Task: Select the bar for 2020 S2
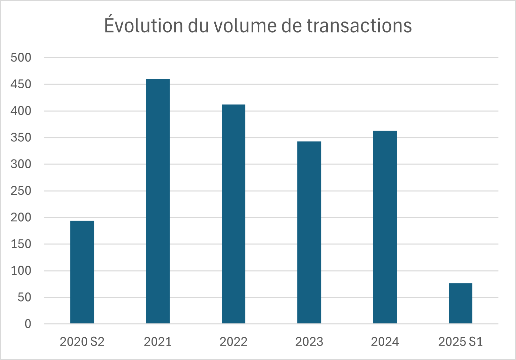82,272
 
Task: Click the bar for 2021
158,201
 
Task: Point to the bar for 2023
309,232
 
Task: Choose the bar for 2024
385,227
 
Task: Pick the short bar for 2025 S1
460,303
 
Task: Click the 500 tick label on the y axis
21,57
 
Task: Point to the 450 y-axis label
21,84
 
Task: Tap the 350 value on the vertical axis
21,137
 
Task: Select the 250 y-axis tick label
21,191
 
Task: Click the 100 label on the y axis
21,271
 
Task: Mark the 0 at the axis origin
28,324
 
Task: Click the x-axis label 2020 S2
82,342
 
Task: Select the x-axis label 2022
233,342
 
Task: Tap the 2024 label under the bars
385,342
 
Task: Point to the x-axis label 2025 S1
460,342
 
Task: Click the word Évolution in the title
144,25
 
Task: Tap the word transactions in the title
359,25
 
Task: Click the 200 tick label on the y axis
21,217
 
